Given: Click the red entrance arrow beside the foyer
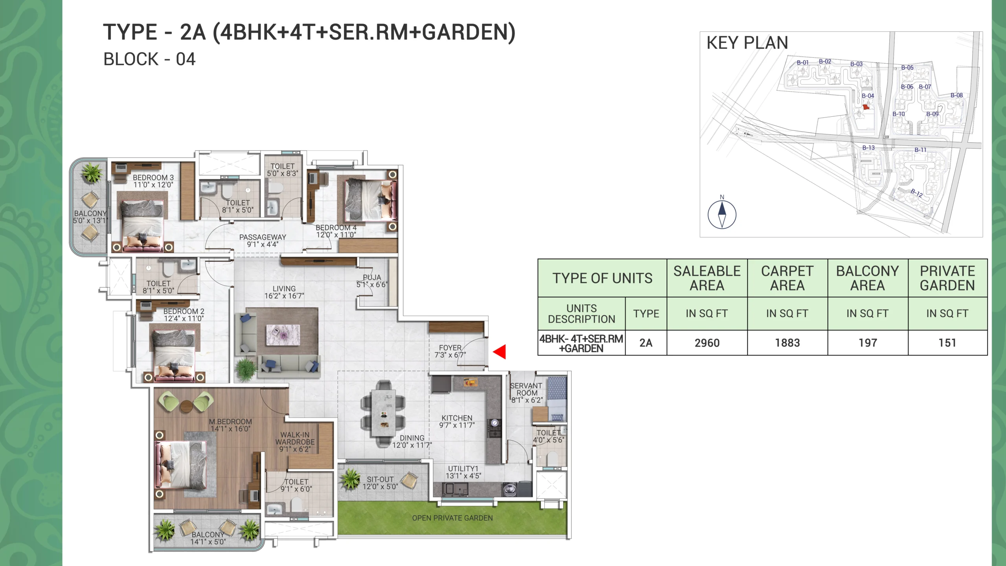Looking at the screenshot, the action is click(x=500, y=352).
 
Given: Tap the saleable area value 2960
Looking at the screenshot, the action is click(x=707, y=343).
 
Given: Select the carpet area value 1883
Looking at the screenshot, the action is click(x=787, y=343).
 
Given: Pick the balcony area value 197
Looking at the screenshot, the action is click(x=868, y=343).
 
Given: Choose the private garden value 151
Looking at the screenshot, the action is click(x=947, y=343).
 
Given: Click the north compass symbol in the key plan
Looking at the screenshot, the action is click(x=722, y=214).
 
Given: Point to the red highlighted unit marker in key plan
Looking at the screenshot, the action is click(x=866, y=107).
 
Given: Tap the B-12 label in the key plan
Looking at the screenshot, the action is click(x=917, y=193).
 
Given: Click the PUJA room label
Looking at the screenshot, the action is click(x=372, y=277).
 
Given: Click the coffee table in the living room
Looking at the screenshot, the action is click(x=283, y=335).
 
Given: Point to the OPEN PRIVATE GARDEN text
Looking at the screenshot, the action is click(x=452, y=518).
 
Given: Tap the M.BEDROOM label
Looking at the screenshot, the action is click(x=230, y=421).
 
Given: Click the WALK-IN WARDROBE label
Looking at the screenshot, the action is click(x=295, y=438).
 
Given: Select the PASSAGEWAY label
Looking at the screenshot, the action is click(x=263, y=237).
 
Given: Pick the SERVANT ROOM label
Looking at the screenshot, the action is click(x=526, y=389).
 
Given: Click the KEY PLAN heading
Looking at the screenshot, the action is click(x=747, y=43).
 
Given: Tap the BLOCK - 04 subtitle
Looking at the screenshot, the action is click(x=149, y=59).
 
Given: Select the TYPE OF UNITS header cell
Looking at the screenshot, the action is click(x=602, y=278).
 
